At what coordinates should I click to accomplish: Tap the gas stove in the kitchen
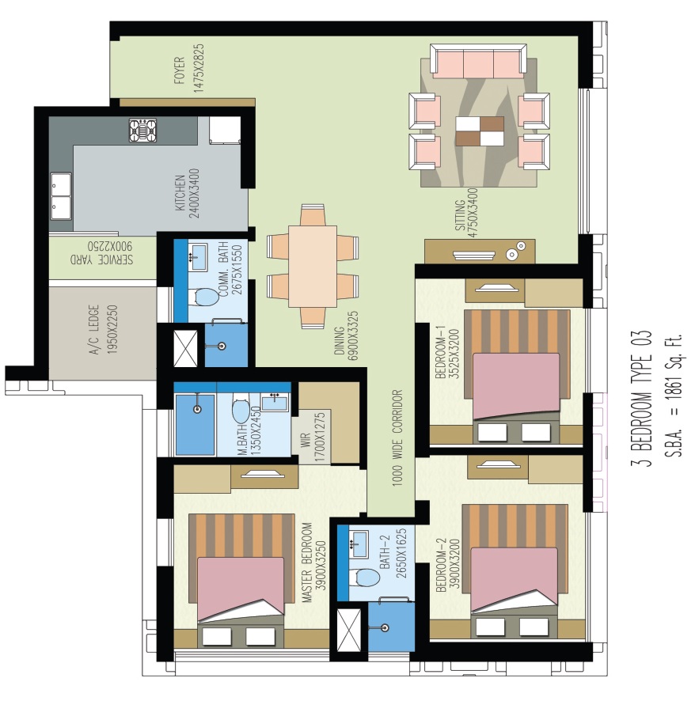(x=142, y=131)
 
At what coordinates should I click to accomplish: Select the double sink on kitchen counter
(x=61, y=195)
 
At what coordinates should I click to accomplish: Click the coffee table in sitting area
(x=480, y=131)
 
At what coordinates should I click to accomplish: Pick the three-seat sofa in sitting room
(x=477, y=61)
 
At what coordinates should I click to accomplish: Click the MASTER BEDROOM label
(x=312, y=563)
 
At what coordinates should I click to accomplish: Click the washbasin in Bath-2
(x=359, y=542)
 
